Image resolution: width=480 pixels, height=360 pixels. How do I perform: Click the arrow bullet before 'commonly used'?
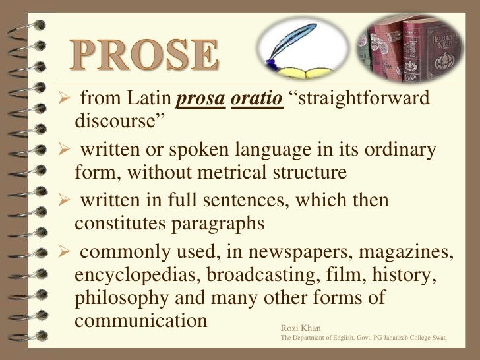58,253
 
